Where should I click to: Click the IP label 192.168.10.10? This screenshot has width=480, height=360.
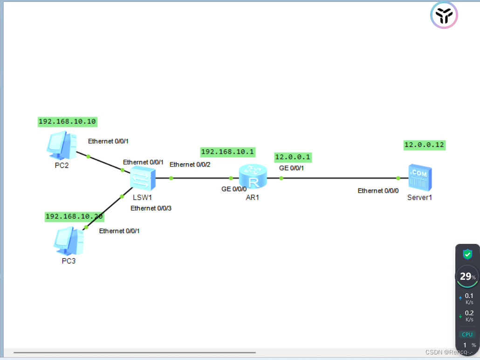click(67, 122)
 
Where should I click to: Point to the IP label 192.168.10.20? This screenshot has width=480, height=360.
click(74, 216)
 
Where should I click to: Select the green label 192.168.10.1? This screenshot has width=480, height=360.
click(228, 152)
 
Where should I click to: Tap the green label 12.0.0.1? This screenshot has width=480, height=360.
click(293, 157)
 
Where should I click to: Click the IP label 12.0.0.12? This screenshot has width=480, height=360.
click(424, 145)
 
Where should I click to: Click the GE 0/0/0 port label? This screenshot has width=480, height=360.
click(234, 189)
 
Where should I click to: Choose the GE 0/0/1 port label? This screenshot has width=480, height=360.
click(291, 168)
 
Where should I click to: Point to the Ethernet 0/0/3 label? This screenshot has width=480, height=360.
click(151, 208)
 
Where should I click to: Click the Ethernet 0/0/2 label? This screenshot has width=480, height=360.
click(190, 165)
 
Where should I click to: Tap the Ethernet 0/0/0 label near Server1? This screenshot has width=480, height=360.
click(378, 191)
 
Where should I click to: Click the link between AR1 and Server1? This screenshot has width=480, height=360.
click(340, 178)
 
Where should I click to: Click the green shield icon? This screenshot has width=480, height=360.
click(467, 254)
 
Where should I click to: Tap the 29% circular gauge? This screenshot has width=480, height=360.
click(467, 277)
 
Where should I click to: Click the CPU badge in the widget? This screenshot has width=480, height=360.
click(467, 334)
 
